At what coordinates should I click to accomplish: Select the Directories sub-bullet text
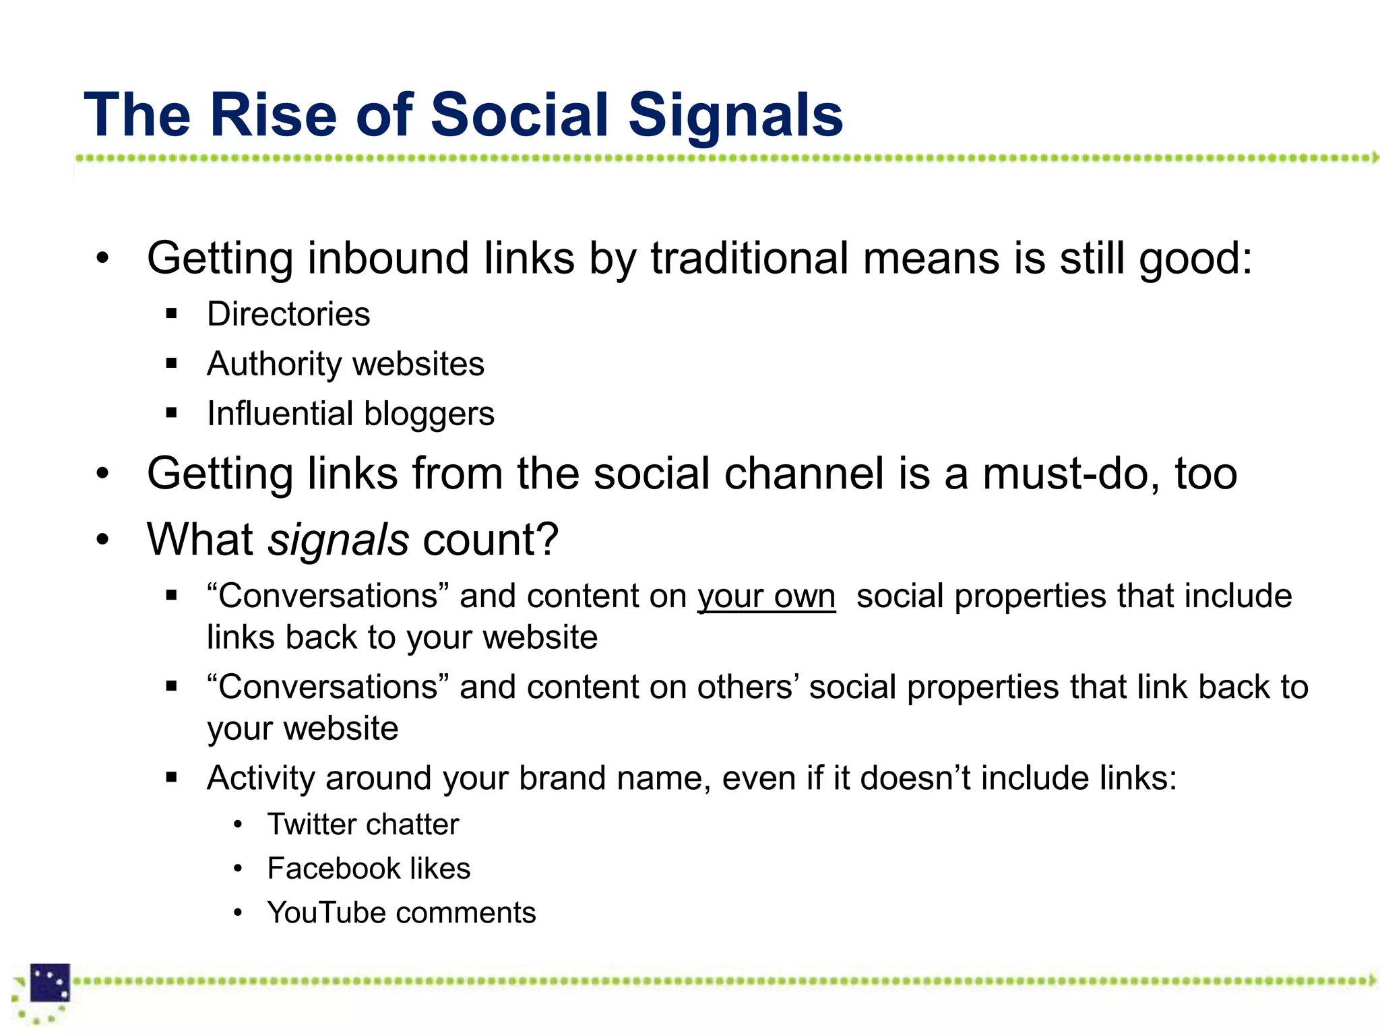click(288, 314)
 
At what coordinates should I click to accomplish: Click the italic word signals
click(338, 540)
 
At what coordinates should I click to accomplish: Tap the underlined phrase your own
click(766, 597)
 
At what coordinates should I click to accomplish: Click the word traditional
click(749, 259)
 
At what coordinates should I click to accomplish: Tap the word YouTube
click(325, 913)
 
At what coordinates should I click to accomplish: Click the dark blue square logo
click(50, 982)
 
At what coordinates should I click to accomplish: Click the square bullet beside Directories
click(171, 314)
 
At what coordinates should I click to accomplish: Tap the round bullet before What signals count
click(102, 540)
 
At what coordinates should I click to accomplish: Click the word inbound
click(388, 259)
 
